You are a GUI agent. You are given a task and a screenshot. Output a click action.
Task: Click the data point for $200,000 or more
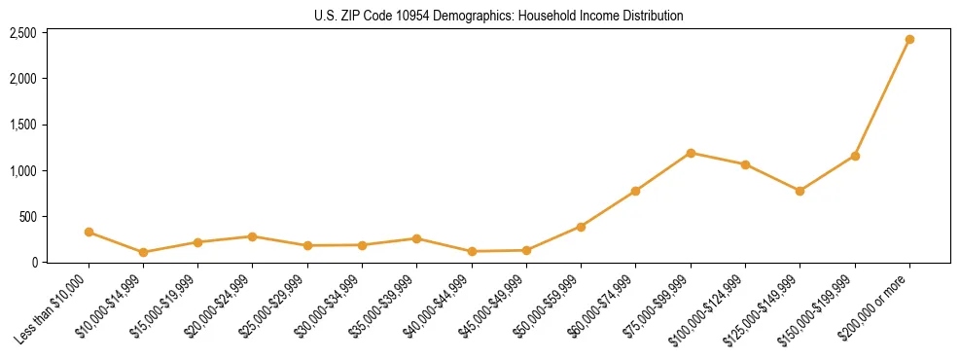[x=909, y=40]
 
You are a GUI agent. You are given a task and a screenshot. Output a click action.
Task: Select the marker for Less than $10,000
[x=89, y=232]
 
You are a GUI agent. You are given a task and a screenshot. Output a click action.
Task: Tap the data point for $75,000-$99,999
[x=691, y=153]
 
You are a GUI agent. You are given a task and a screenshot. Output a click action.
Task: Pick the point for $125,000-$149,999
[x=800, y=191]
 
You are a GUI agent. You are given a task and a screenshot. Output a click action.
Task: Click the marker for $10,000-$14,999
[x=143, y=252]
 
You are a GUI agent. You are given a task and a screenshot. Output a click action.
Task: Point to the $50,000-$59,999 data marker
[x=581, y=227]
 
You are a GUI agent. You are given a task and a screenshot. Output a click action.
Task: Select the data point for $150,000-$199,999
[x=855, y=156]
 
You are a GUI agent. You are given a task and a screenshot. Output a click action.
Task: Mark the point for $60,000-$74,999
[x=635, y=191]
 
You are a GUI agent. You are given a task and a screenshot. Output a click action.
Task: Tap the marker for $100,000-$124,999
[x=745, y=164]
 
